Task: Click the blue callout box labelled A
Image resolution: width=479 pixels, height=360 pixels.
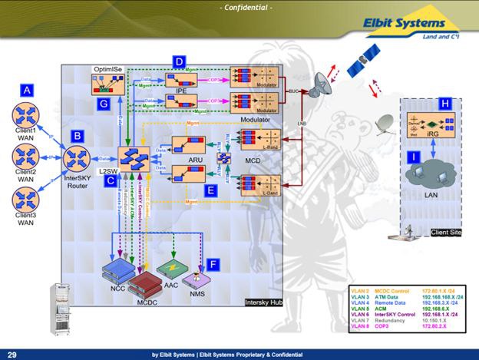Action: tap(28, 90)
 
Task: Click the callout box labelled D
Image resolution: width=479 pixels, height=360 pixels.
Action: tap(179, 61)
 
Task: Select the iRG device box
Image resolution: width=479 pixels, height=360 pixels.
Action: tap(441, 126)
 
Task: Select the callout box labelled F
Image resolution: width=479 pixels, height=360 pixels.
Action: tap(215, 263)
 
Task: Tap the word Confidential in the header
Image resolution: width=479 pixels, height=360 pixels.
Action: tap(239, 8)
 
